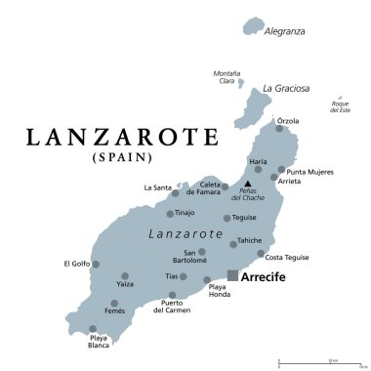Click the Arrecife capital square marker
(x=232, y=274)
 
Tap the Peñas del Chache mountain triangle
(x=248, y=184)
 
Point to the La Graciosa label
(x=286, y=88)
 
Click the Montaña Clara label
(x=227, y=77)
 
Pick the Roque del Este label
(x=340, y=105)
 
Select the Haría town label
(x=257, y=162)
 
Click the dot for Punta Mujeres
(x=281, y=169)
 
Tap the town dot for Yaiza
(x=125, y=275)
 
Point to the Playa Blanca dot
(x=94, y=329)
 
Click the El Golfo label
(x=76, y=263)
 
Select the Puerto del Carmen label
(x=172, y=309)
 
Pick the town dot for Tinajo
(x=170, y=214)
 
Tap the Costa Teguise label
(x=287, y=257)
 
